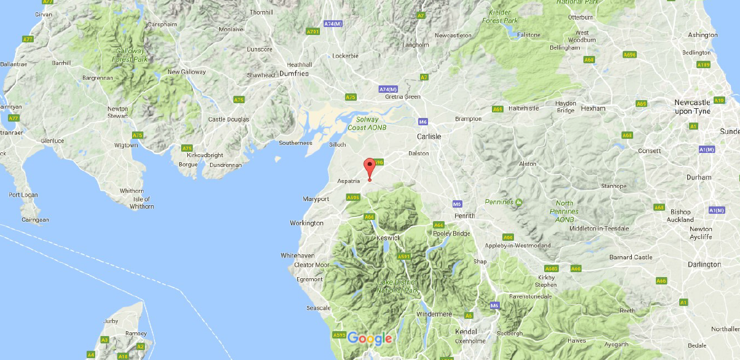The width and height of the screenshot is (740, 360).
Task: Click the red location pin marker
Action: pos(369,168)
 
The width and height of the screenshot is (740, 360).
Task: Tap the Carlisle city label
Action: pos(429,136)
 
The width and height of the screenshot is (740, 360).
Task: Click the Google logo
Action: pos(370,338)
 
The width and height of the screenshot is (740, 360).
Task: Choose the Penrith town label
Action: pos(465,216)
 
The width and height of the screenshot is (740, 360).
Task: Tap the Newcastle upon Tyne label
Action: pos(692,106)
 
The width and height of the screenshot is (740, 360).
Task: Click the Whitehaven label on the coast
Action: pos(297,255)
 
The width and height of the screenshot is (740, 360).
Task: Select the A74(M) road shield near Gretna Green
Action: pos(389,89)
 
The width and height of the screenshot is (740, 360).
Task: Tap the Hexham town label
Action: pos(594,108)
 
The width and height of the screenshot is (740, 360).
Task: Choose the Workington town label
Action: pos(307,223)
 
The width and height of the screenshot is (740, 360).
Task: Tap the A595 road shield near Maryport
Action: pos(352,197)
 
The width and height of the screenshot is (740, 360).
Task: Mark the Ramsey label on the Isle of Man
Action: pos(136,333)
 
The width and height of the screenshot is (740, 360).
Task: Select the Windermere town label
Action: pos(434,314)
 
